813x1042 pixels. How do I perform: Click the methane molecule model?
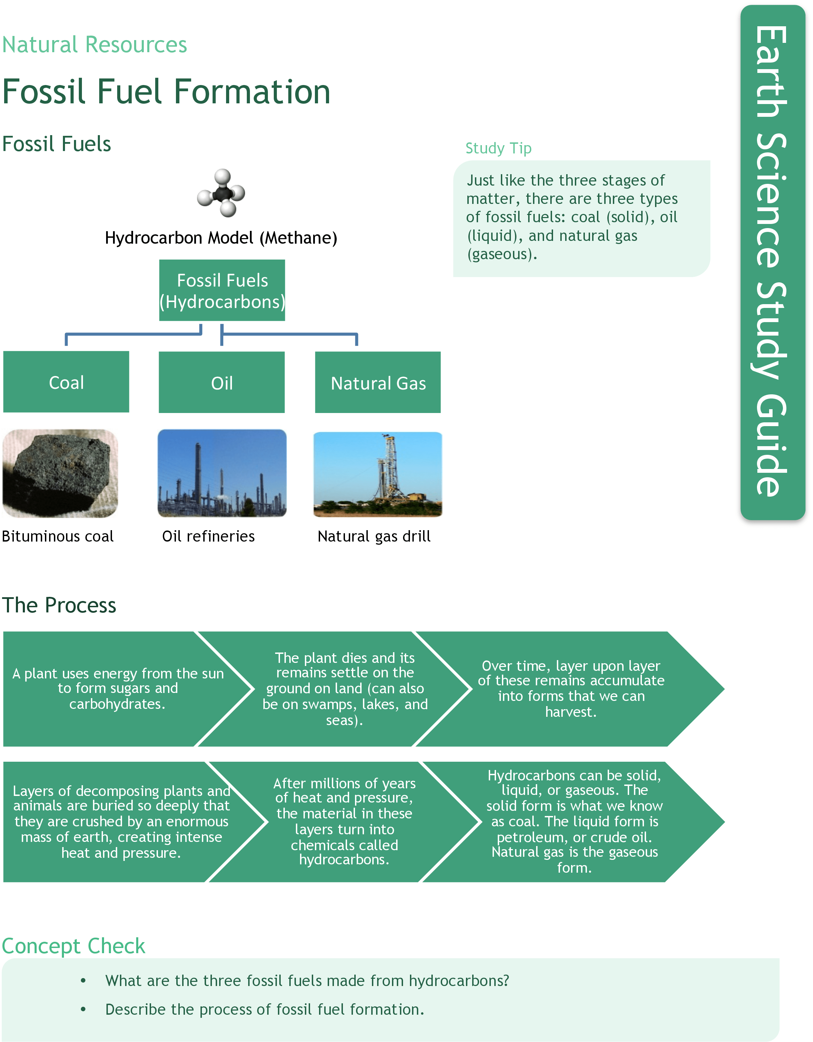(221, 193)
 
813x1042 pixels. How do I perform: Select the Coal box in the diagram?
(66, 382)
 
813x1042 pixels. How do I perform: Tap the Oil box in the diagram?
(222, 383)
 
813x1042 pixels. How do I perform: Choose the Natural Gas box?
(378, 383)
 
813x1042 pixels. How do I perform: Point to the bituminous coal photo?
(60, 473)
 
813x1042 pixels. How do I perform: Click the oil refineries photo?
(222, 473)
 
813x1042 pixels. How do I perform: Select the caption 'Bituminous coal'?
(58, 536)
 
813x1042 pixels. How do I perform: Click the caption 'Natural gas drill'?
(374, 536)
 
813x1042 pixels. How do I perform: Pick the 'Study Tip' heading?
(498, 148)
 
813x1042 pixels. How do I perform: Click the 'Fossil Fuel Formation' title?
(167, 92)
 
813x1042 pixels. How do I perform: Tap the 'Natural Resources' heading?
(94, 45)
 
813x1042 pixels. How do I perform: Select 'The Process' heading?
(59, 605)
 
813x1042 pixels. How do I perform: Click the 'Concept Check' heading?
(74, 946)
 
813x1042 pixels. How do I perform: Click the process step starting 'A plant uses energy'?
(118, 688)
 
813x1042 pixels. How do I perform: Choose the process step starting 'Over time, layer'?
(571, 688)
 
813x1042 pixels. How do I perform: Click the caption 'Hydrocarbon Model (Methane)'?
(221, 237)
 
